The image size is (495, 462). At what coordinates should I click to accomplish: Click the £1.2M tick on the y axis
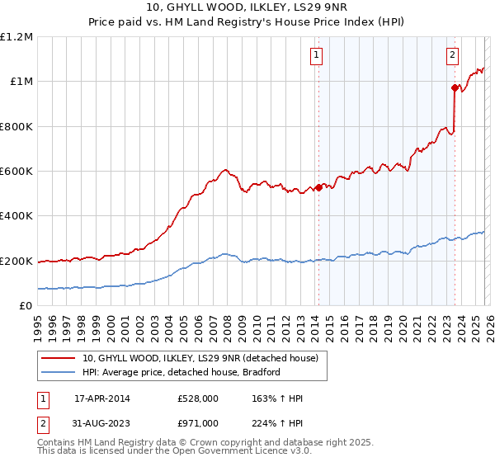pos(16,37)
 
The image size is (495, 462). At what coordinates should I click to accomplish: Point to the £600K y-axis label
pos(16,172)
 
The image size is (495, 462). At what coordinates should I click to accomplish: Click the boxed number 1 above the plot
pos(317,55)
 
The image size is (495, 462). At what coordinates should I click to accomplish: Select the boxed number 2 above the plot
pos(453,55)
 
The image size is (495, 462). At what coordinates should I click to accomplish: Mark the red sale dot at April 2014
pos(318,187)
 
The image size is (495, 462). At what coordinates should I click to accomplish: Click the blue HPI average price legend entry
pos(181,372)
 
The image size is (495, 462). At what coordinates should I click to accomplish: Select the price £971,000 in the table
pos(198,422)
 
